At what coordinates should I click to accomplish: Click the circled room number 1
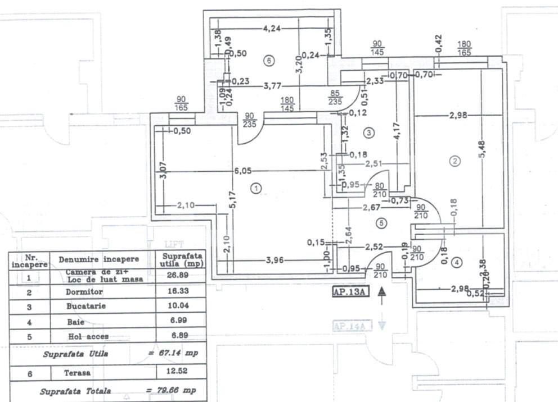point(256,189)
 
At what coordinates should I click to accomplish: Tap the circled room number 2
point(456,162)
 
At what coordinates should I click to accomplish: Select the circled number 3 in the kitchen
point(368,133)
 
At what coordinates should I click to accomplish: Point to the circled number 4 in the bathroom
point(457,262)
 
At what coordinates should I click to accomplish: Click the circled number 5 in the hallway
point(382,223)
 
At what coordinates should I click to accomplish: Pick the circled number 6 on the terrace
point(269,60)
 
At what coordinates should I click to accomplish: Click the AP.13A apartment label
point(350,291)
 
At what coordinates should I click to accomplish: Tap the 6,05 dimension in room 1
point(243,171)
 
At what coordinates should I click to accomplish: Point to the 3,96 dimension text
point(277,260)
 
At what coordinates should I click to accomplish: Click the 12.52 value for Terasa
point(180,371)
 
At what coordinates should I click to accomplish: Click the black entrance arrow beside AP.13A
point(382,293)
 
